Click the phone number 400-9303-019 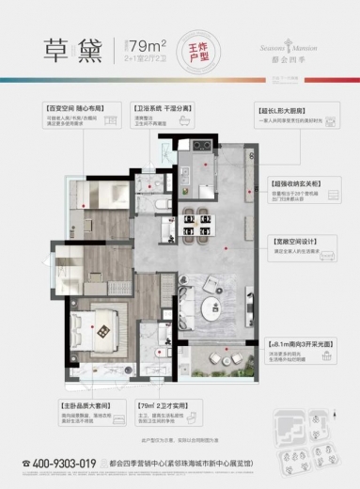65,463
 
